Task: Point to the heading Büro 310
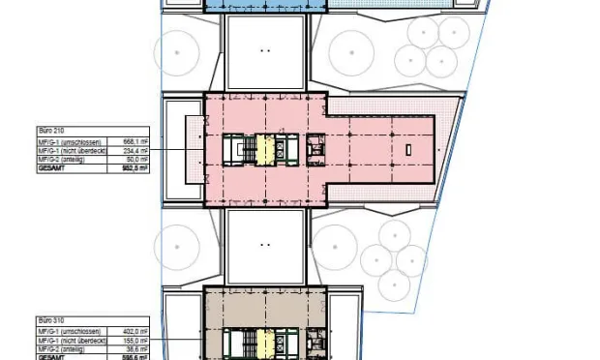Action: pos(50,318)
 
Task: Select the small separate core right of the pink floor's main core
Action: pos(316,149)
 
